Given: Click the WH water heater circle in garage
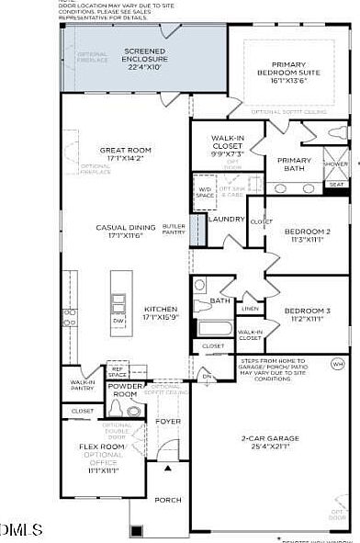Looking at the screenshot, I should click(336, 363).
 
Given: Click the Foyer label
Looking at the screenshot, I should click(168, 422).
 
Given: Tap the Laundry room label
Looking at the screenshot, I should click(225, 219).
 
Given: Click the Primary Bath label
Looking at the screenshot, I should click(294, 164).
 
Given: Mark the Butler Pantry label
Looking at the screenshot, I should click(174, 230).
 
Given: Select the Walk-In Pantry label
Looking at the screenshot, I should click(83, 385).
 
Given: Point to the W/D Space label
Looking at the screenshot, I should click(205, 192).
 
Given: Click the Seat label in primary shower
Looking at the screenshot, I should click(336, 184).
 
